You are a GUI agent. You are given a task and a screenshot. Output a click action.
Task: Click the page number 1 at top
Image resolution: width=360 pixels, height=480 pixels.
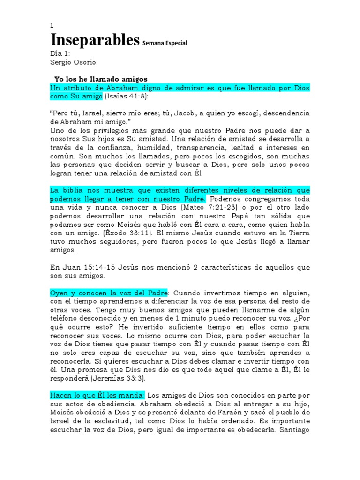point(52,26)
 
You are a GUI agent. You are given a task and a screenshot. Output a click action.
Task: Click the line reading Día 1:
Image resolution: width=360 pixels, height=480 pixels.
point(60,53)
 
